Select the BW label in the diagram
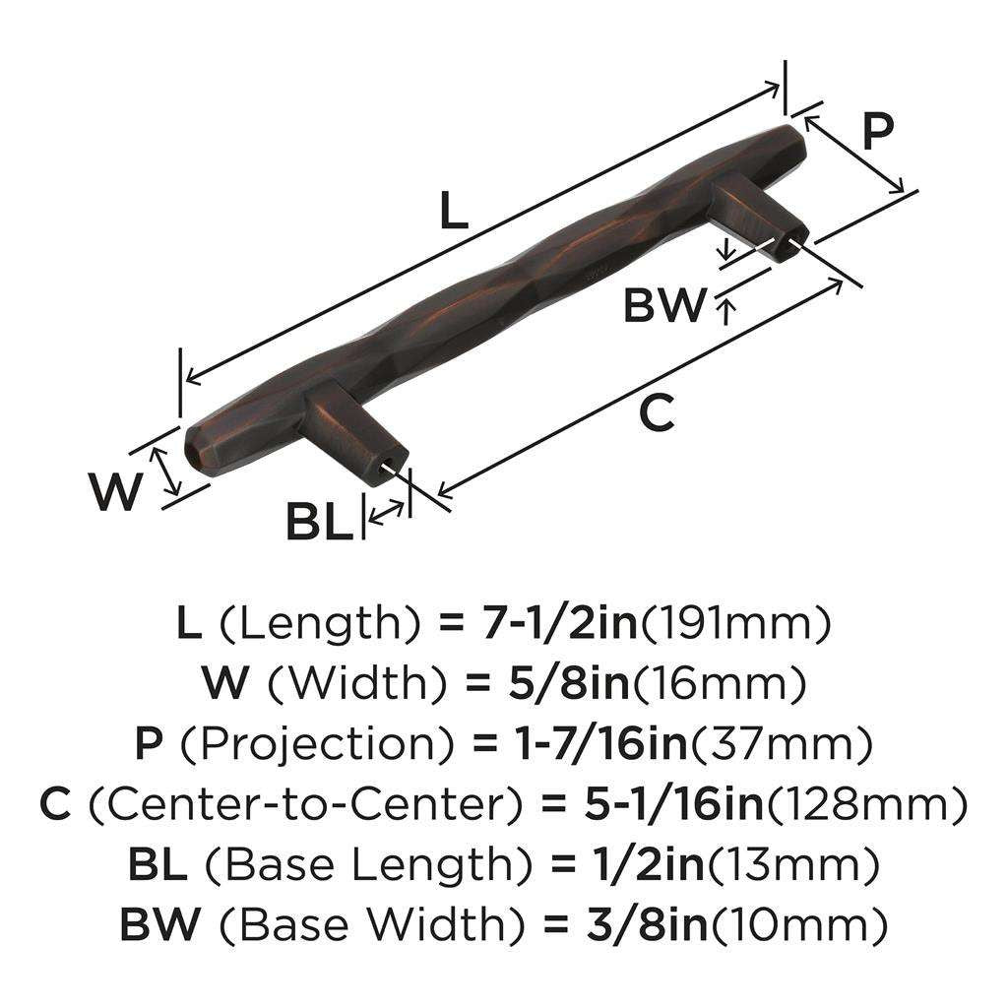[664, 306]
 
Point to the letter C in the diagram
[657, 413]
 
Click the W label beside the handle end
[115, 492]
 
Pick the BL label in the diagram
[319, 522]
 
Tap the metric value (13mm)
[793, 865]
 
